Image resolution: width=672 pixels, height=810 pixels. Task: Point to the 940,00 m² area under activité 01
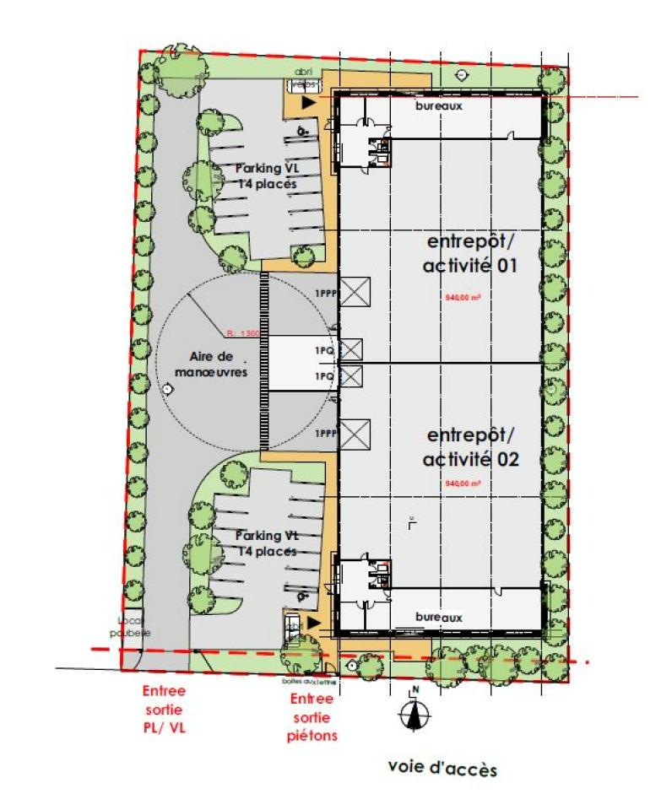click(x=462, y=298)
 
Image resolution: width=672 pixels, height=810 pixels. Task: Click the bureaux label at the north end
click(x=439, y=106)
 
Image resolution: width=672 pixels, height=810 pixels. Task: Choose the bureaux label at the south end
click(x=439, y=618)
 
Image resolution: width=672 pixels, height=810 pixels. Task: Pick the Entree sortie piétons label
click(x=312, y=717)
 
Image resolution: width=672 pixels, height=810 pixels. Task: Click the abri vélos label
click(x=304, y=78)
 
